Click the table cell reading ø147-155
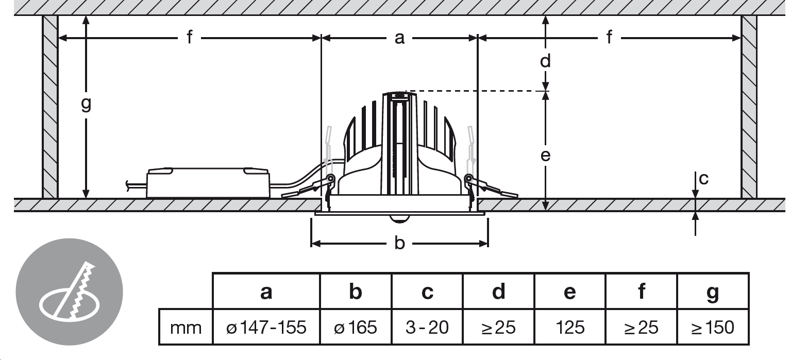coord(266,328)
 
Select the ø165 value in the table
coord(356,328)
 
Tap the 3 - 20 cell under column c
coord(427,328)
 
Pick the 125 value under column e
coord(570,328)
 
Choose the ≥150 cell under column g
coord(713,328)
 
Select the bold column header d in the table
coord(499,291)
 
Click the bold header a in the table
coord(266,293)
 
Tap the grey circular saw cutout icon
coord(69,292)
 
